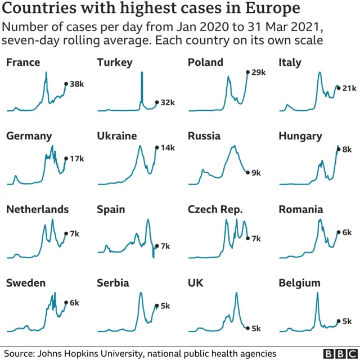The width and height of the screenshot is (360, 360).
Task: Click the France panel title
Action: [23, 62]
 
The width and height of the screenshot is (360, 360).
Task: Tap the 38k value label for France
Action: [76, 84]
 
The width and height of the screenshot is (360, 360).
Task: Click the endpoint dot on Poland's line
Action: [247, 72]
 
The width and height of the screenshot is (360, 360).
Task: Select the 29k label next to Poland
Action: [258, 72]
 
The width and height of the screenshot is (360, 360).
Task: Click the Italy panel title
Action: [290, 62]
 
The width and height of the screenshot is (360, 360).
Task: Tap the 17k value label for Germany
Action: [76, 159]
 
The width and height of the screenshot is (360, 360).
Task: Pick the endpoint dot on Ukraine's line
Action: [156, 147]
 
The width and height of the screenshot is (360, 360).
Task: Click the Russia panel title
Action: [204, 136]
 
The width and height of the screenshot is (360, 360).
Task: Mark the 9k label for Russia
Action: [256, 173]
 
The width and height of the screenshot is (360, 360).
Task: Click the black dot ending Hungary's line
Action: [338, 149]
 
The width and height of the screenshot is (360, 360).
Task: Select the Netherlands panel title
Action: [37, 209]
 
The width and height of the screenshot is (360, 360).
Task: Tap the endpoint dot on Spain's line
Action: [156, 246]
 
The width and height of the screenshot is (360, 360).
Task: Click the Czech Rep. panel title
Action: [215, 209]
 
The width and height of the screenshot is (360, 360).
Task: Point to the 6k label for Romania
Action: [347, 232]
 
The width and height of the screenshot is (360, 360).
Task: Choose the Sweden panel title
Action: [26, 283]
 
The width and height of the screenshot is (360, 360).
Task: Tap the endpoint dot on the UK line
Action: [247, 328]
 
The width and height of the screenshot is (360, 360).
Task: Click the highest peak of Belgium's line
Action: [317, 293]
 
